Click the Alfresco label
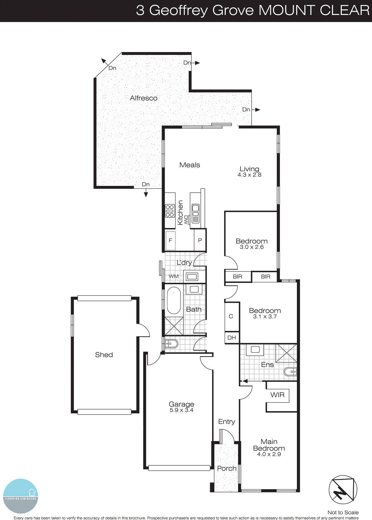[x=143, y=98]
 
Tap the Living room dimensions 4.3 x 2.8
[x=249, y=175]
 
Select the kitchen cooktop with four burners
[x=170, y=211]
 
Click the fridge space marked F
[x=170, y=240]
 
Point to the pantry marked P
[x=200, y=240]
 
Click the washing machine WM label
[x=174, y=276]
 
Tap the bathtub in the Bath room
[x=174, y=300]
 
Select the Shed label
[x=104, y=355]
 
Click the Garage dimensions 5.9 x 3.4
[x=181, y=410]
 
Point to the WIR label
[x=277, y=395]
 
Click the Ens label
[x=267, y=365]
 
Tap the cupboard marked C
[x=231, y=316]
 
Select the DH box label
[x=232, y=338]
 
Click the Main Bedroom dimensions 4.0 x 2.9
[x=269, y=454]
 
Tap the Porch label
[x=227, y=468]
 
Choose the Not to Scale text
[x=343, y=513]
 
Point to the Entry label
[x=226, y=422]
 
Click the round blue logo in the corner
[x=20, y=496]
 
